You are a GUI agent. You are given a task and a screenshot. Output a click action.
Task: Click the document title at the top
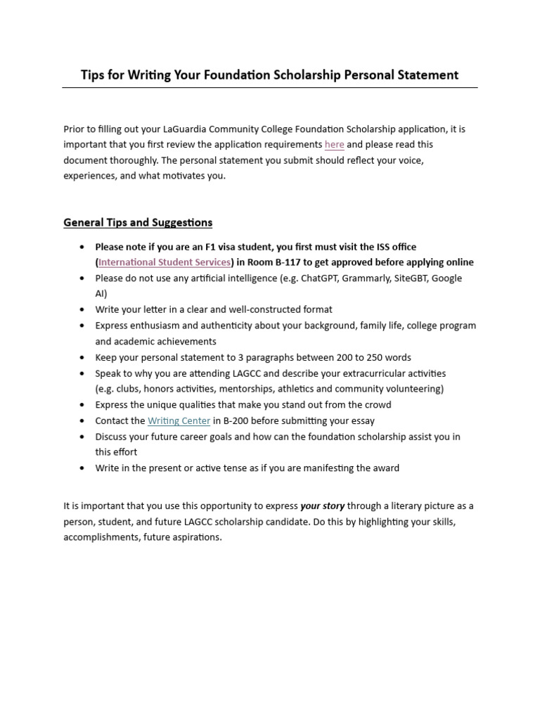click(x=269, y=75)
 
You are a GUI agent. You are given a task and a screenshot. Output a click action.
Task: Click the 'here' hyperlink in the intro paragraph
click(x=334, y=145)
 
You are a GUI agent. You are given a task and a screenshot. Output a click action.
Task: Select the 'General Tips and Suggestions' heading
click(x=138, y=223)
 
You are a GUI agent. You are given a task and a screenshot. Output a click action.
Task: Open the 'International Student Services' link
click(x=165, y=262)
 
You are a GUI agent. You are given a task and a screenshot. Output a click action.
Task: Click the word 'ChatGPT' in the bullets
click(x=317, y=278)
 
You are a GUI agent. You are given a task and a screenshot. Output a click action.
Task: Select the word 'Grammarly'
click(x=366, y=278)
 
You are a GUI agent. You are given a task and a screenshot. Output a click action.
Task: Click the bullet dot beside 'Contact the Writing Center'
click(x=82, y=420)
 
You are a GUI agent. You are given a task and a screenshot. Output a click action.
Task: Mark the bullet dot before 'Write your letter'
click(x=82, y=309)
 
